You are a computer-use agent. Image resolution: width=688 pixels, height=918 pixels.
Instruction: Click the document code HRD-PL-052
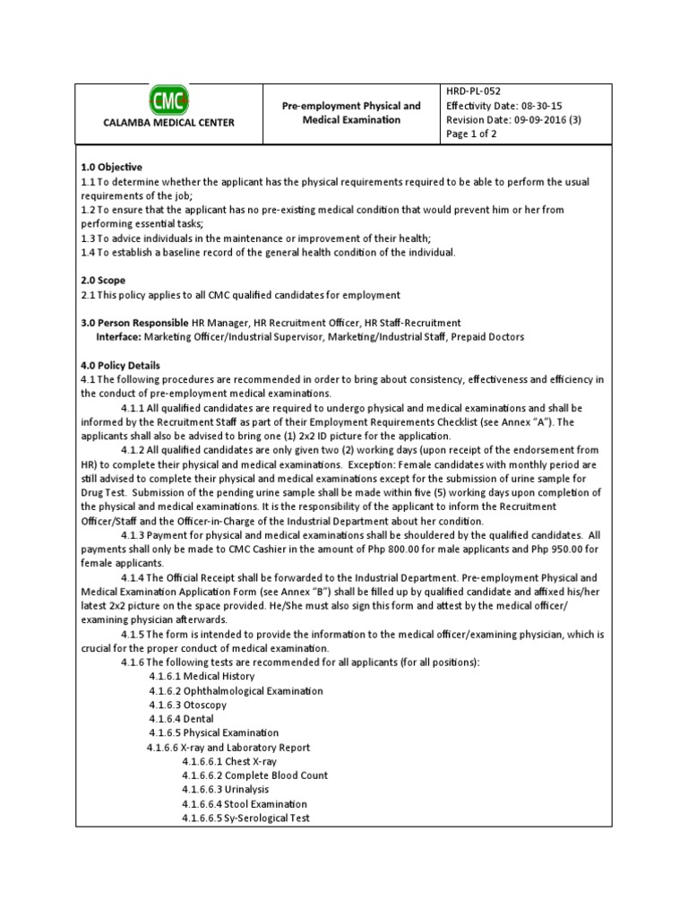coord(473,91)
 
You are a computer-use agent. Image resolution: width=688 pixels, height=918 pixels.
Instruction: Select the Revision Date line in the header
coord(513,120)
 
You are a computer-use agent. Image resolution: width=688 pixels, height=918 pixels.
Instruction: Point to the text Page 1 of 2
coord(471,134)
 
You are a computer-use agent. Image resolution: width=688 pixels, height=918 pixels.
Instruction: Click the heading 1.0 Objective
coord(111,167)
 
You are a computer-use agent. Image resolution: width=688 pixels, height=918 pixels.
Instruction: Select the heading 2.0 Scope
coord(103,281)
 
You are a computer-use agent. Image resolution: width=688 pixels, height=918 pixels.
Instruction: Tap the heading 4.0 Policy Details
coord(121,366)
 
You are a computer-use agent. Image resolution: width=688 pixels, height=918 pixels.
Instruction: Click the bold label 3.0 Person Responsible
coord(134,323)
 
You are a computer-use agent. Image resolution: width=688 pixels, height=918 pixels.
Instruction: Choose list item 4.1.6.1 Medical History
coord(202,676)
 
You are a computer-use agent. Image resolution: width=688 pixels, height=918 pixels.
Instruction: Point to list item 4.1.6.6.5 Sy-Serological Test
coord(245,818)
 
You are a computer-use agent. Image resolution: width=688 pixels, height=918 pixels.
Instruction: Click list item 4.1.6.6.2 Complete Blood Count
coord(254,775)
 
